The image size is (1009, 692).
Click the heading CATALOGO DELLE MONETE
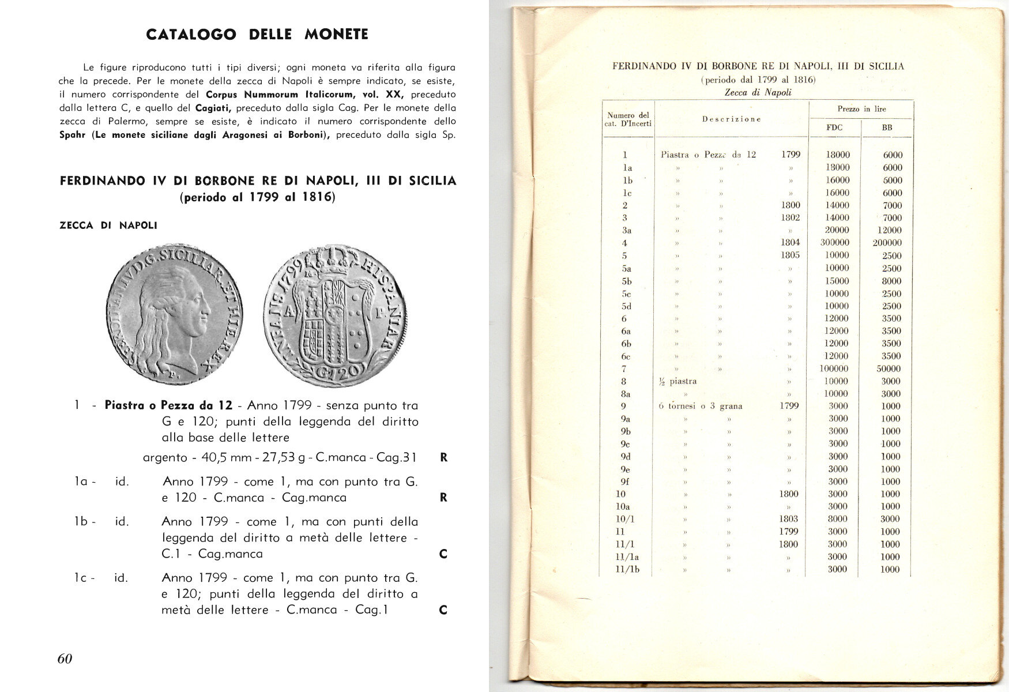(x=257, y=35)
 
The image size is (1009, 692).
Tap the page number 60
(x=65, y=659)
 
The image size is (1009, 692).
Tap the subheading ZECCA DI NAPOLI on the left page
(x=108, y=225)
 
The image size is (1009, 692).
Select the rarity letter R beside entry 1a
(x=443, y=497)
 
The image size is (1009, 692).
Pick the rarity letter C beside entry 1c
(x=443, y=610)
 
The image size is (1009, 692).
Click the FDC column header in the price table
(x=834, y=127)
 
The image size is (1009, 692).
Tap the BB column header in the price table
(x=887, y=127)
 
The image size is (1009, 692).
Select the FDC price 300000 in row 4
(x=835, y=243)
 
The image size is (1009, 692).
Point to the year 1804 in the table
(x=790, y=243)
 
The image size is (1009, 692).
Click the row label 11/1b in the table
(x=627, y=570)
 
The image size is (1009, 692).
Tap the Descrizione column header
(x=731, y=119)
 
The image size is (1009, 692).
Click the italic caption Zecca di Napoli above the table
(x=758, y=92)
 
